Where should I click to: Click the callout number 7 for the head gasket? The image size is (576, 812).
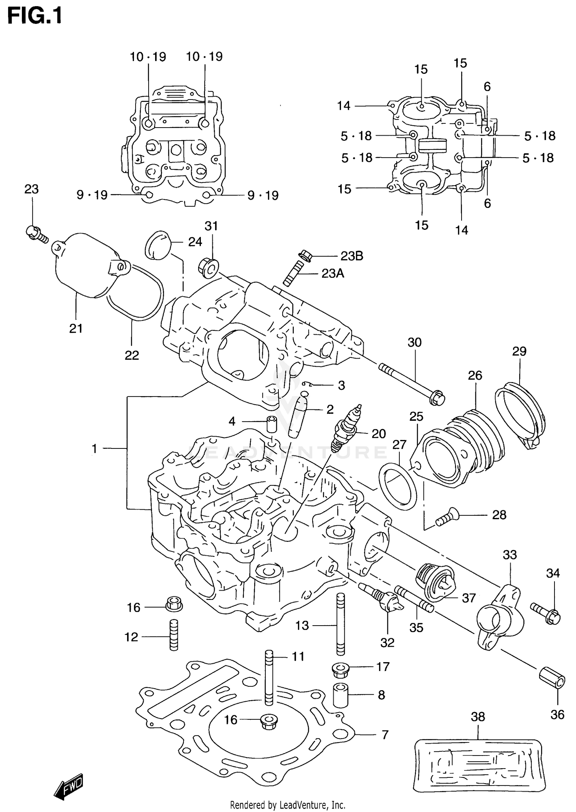click(385, 735)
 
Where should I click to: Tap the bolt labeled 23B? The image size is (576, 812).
click(305, 255)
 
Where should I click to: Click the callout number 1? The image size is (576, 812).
click(94, 448)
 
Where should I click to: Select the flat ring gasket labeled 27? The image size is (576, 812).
click(398, 486)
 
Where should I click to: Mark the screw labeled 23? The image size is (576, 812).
click(37, 234)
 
